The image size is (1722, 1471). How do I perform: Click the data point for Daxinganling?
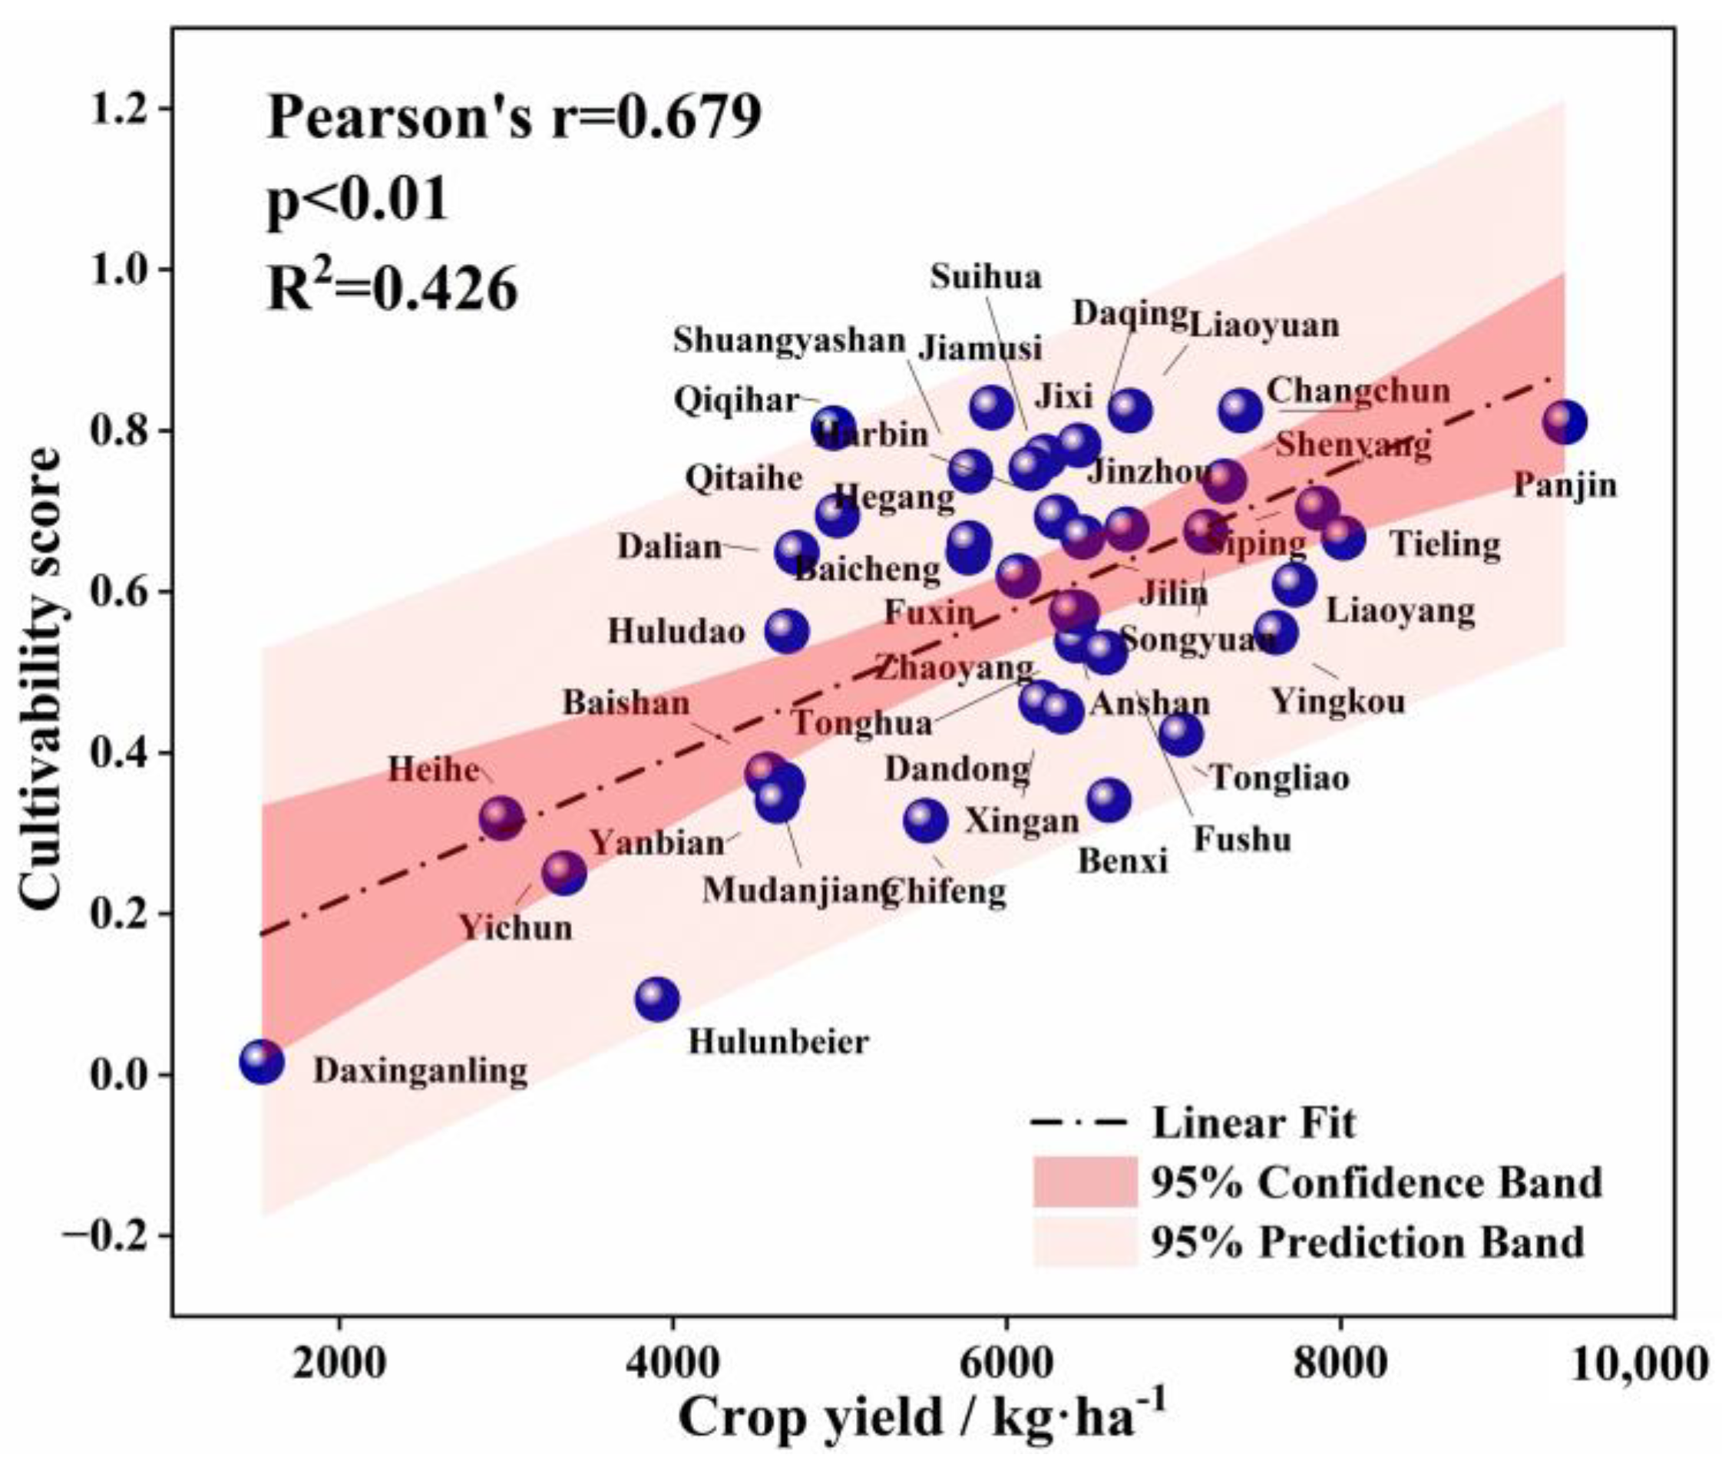[262, 1061]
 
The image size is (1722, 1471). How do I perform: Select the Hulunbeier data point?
[656, 999]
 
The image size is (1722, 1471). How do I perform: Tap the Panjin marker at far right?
[1565, 422]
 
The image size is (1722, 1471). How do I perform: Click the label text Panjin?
[1565, 484]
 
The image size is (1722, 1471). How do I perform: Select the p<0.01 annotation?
[357, 200]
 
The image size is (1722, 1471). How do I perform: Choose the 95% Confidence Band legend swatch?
[1086, 1181]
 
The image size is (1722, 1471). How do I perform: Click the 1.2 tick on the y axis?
[124, 109]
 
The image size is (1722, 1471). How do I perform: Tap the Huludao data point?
[787, 632]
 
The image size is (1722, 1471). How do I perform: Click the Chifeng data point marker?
[926, 821]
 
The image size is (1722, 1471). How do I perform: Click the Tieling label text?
[1446, 545]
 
